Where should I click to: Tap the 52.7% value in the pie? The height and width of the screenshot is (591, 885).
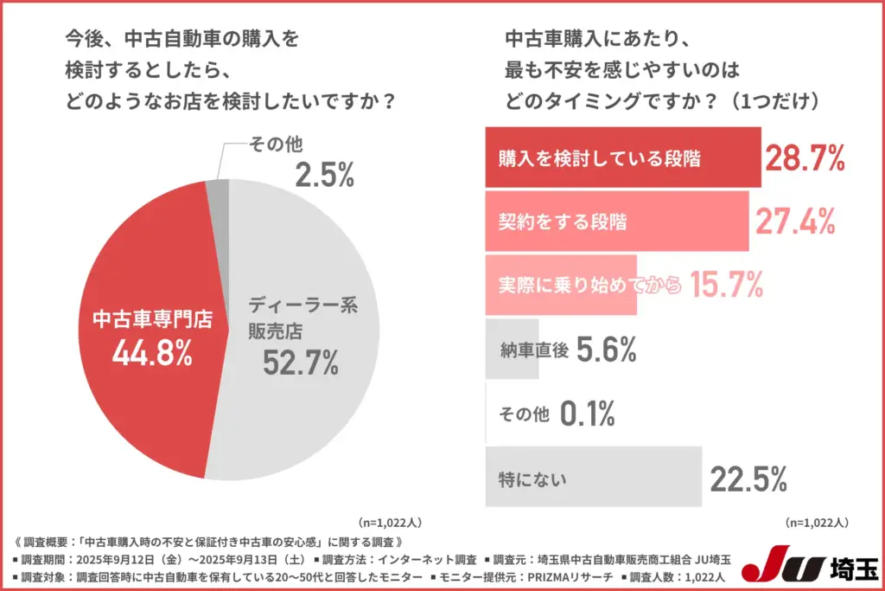[300, 363]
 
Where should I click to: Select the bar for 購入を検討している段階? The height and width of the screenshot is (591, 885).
[622, 157]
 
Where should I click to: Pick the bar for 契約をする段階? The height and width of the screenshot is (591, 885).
[616, 222]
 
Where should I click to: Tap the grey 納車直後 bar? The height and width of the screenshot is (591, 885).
[512, 350]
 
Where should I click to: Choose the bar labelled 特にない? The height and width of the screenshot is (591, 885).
[592, 477]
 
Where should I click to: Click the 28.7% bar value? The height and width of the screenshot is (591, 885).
[804, 157]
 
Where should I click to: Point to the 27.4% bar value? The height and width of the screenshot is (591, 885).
[795, 222]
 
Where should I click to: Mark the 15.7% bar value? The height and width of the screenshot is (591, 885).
[726, 284]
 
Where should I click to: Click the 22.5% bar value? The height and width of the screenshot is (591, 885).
[748, 478]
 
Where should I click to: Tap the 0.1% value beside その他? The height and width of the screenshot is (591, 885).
[588, 414]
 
